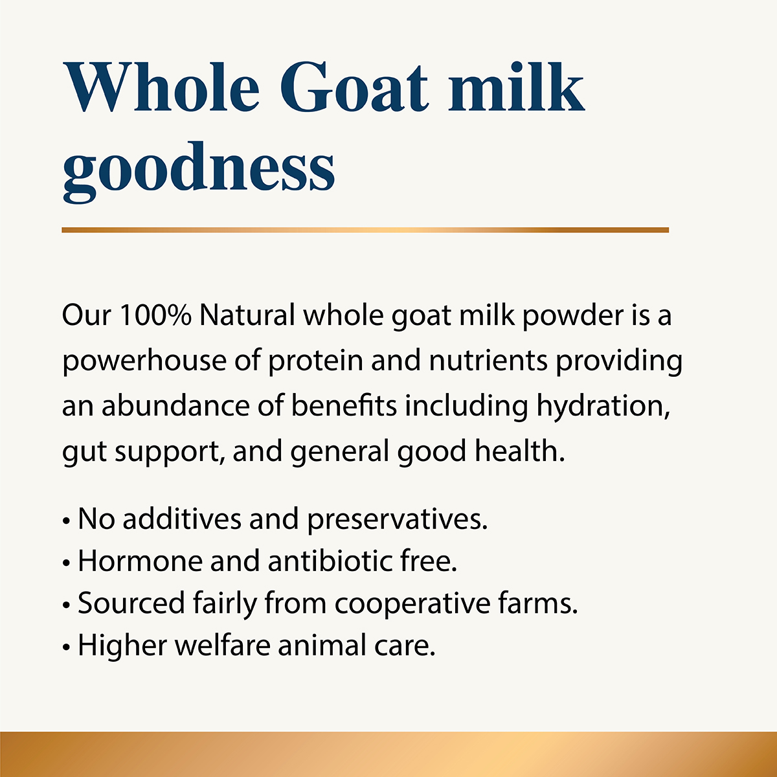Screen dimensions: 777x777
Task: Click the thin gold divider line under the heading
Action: click(365, 230)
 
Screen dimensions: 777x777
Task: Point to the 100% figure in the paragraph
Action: click(155, 316)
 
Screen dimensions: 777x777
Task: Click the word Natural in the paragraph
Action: click(247, 316)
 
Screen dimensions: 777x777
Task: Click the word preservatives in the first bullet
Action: click(397, 519)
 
